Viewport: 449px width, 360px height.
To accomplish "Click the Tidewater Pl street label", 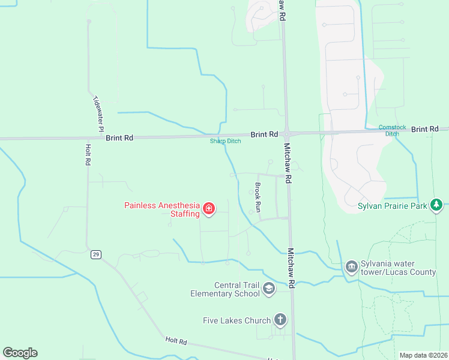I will pos(98,113).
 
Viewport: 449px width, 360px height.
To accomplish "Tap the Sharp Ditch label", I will pos(225,142).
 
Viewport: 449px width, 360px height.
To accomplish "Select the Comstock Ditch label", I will pos(393,130).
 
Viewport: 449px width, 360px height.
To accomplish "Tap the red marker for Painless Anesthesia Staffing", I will pos(209,209).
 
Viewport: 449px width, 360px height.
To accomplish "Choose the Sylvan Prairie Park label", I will pos(393,206).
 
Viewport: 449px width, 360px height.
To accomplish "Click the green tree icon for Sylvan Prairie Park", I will pos(436,206).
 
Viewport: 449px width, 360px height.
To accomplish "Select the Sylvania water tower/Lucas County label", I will pos(398,268).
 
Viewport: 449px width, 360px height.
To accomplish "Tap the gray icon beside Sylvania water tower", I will pos(352,265).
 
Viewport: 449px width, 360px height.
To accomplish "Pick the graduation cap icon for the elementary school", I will pos(268,289).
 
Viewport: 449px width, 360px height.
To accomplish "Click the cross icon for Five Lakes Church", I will pos(280,320).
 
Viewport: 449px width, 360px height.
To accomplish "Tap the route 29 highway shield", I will pos(95,254).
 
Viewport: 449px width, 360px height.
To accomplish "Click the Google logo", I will pos(20,353).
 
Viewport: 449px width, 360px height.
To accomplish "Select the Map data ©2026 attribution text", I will pos(423,355).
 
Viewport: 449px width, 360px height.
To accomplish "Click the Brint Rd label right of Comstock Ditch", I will pos(426,129).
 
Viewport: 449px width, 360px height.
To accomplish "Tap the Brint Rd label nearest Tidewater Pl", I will pos(119,137).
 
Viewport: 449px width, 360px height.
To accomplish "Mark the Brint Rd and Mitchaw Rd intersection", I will pos(287,133).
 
